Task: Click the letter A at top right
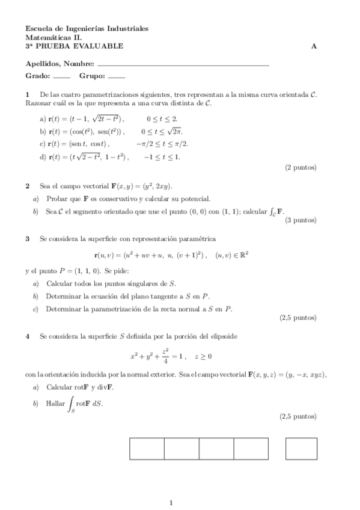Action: [314, 46]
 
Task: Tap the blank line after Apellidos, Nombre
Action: [183, 64]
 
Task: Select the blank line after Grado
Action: [62, 78]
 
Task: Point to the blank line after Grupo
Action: [117, 78]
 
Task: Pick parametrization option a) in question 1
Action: [43, 119]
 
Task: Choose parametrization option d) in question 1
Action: [43, 157]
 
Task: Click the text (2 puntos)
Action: [301, 168]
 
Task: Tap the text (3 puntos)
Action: [301, 220]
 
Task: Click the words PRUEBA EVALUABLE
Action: [79, 46]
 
